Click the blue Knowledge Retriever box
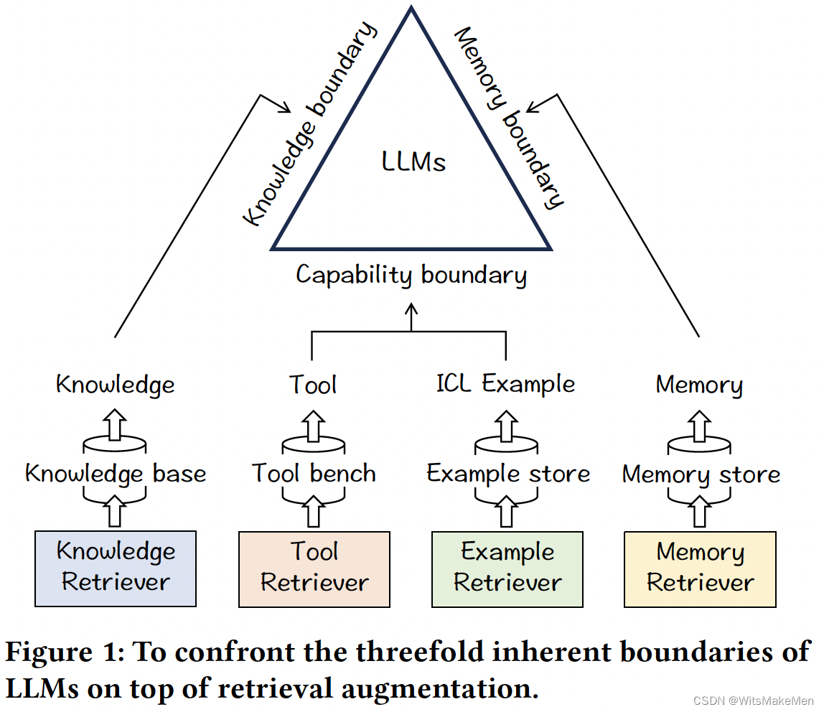pyautogui.click(x=115, y=568)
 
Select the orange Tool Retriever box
pyautogui.click(x=314, y=568)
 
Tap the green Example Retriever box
pyautogui.click(x=507, y=568)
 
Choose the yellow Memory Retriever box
pyautogui.click(x=700, y=568)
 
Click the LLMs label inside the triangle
pyautogui.click(x=413, y=162)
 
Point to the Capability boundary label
pyautogui.click(x=411, y=275)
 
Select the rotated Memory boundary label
pyautogui.click(x=510, y=118)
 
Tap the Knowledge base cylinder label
pyautogui.click(x=116, y=474)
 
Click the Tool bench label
pyautogui.click(x=314, y=474)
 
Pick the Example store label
pyautogui.click(x=507, y=474)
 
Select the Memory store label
pyautogui.click(x=701, y=474)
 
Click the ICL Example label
pyautogui.click(x=505, y=384)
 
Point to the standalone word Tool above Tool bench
pyautogui.click(x=313, y=385)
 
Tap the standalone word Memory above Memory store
pyautogui.click(x=699, y=385)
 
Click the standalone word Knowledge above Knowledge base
pyautogui.click(x=115, y=385)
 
